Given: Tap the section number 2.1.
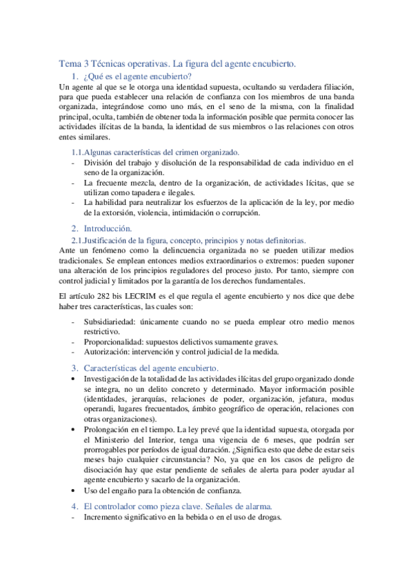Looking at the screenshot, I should coord(79,240).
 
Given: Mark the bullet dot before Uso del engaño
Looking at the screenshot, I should coord(74,491).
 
